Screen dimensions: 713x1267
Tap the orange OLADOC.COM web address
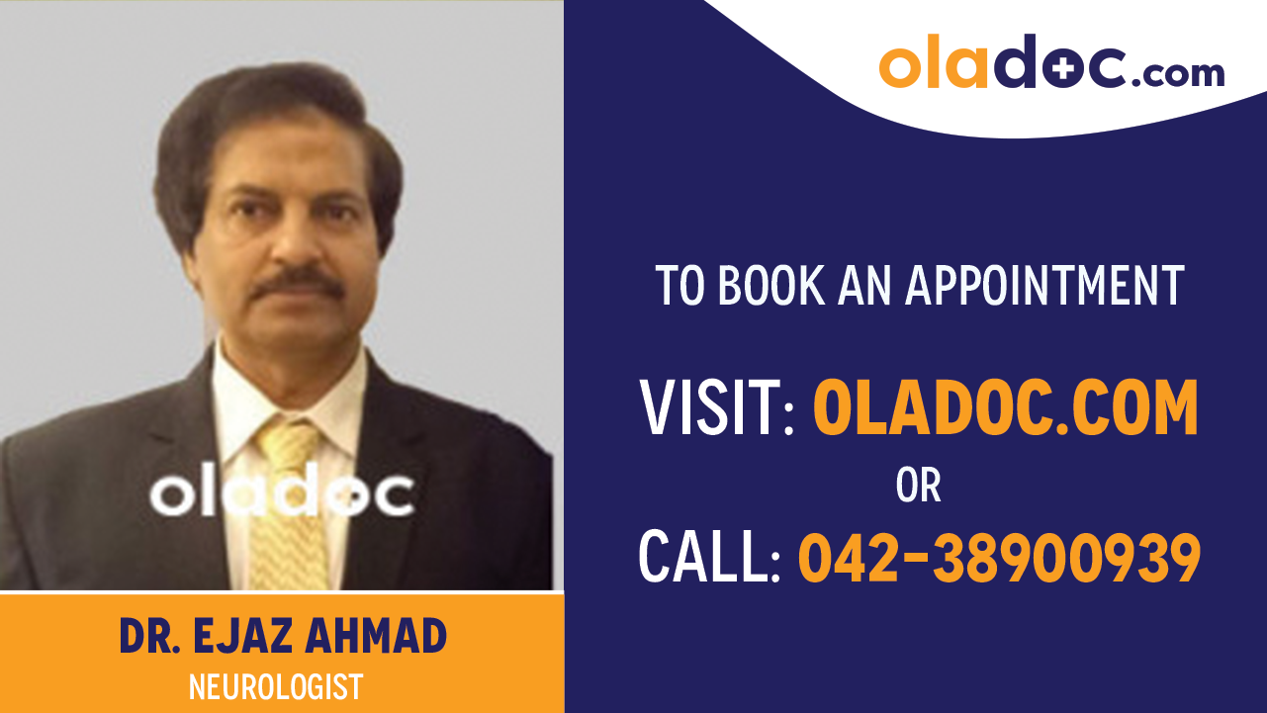1005,408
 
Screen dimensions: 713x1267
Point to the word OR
918,486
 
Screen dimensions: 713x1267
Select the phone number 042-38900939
999,558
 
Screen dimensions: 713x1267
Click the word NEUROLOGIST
276,686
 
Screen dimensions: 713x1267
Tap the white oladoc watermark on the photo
282,493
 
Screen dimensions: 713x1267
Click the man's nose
293,247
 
